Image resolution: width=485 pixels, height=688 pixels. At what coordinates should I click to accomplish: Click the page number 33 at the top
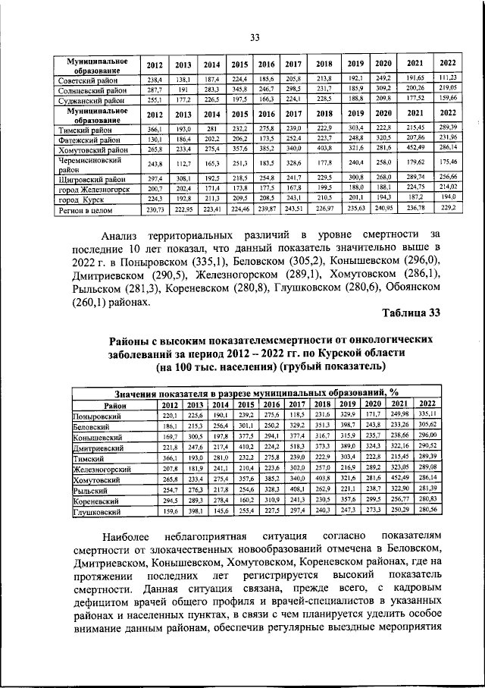[255, 39]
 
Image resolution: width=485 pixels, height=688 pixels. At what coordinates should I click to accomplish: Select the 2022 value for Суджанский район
[446, 98]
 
